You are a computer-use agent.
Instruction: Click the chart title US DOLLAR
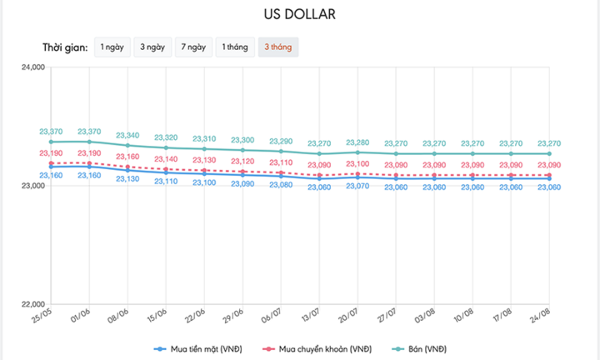[x=300, y=15]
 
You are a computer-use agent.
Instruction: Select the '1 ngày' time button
[x=113, y=47]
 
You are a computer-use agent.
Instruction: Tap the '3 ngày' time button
[x=152, y=47]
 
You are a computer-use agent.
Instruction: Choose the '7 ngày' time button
[x=192, y=47]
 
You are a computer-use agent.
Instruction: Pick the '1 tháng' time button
[x=234, y=47]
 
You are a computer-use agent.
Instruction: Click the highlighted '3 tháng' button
[x=278, y=47]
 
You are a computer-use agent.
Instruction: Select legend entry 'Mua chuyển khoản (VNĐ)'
[x=322, y=347]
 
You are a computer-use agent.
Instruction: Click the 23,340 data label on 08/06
[x=127, y=135]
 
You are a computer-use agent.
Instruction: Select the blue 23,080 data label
[x=281, y=184]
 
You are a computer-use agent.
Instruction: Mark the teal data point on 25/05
[x=52, y=142]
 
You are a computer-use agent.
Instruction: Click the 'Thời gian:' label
[x=65, y=47]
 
